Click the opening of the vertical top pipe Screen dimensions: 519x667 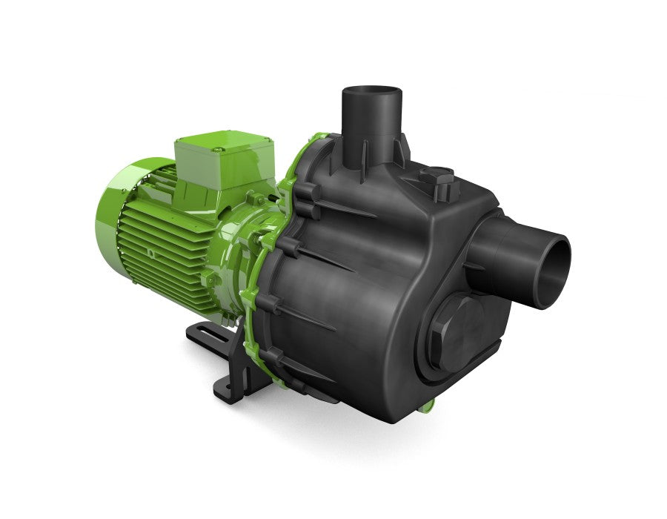point(371,96)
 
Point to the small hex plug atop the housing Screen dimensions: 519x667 point(437,179)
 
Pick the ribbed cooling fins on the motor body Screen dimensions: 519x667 point(163,245)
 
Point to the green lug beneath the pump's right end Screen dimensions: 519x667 point(427,406)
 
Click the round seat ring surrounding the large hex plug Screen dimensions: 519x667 point(430,356)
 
